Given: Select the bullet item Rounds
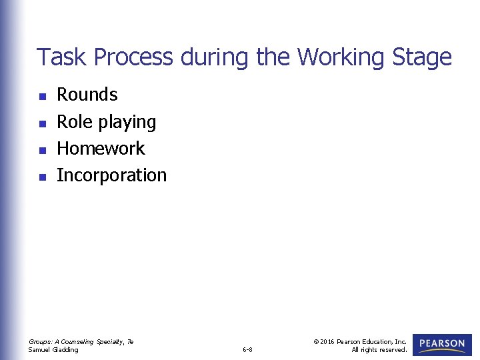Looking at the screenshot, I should [x=87, y=95].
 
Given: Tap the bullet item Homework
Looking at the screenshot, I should [x=101, y=148].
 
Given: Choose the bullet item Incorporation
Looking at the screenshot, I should [x=111, y=175].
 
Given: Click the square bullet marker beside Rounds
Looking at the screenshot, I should [x=42, y=97].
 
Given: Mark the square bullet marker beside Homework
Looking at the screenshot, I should [x=42, y=150].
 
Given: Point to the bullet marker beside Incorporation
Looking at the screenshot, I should [x=42, y=177].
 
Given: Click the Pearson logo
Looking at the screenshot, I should [x=442, y=345].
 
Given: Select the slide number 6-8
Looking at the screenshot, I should [x=247, y=349].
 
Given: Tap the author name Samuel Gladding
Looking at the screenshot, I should [x=53, y=349].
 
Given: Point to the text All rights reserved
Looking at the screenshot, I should [x=379, y=349].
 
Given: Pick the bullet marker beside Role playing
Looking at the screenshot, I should [x=42, y=123].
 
